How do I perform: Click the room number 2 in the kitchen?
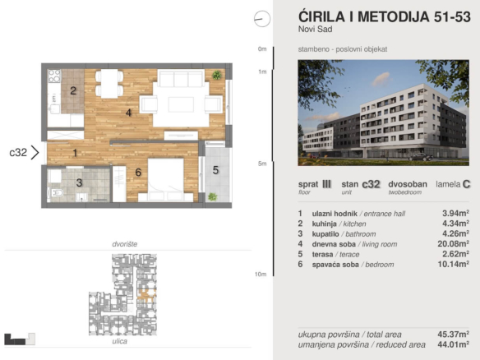[x=73, y=90]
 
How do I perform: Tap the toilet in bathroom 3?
[x=57, y=193]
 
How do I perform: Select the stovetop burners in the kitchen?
[x=54, y=76]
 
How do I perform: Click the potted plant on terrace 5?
[x=212, y=196]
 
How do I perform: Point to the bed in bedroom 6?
[x=165, y=180]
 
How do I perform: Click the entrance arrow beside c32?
[x=35, y=152]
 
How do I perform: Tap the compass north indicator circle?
[x=262, y=19]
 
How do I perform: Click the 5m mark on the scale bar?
[x=262, y=164]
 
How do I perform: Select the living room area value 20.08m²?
[x=454, y=243]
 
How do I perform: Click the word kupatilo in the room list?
[x=325, y=234]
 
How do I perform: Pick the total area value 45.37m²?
[x=454, y=334]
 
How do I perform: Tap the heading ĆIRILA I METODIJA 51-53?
[x=384, y=16]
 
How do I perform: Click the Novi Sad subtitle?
[x=316, y=30]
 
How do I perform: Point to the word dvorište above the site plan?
[x=125, y=244]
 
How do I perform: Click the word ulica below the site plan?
[x=120, y=341]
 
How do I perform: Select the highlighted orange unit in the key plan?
[x=146, y=294]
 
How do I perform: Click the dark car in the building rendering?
[x=421, y=157]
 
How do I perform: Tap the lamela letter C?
[x=467, y=184]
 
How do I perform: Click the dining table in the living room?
[x=109, y=84]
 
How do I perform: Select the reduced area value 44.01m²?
[x=454, y=344]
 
